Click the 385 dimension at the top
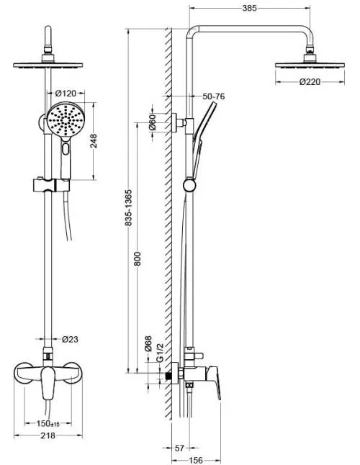coord(249,8)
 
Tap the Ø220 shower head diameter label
coord(310,81)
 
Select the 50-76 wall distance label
coord(214,96)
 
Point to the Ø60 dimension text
coord(152,122)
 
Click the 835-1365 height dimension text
coord(129,208)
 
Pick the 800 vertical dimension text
coord(138,258)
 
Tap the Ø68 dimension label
coord(148,343)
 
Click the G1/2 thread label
coord(160,353)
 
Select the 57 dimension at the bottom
coord(180,448)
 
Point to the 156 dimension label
coord(196,460)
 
